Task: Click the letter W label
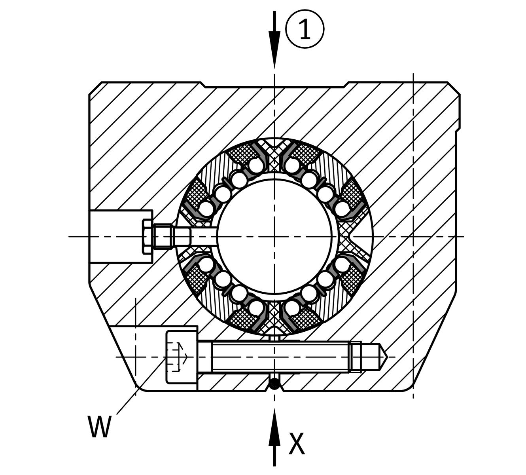[99, 427]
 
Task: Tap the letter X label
[297, 444]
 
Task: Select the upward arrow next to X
[274, 435]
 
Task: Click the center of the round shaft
[274, 236]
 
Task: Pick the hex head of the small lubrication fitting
[147, 236]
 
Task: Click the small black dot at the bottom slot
[274, 383]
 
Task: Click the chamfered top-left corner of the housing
[95, 88]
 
